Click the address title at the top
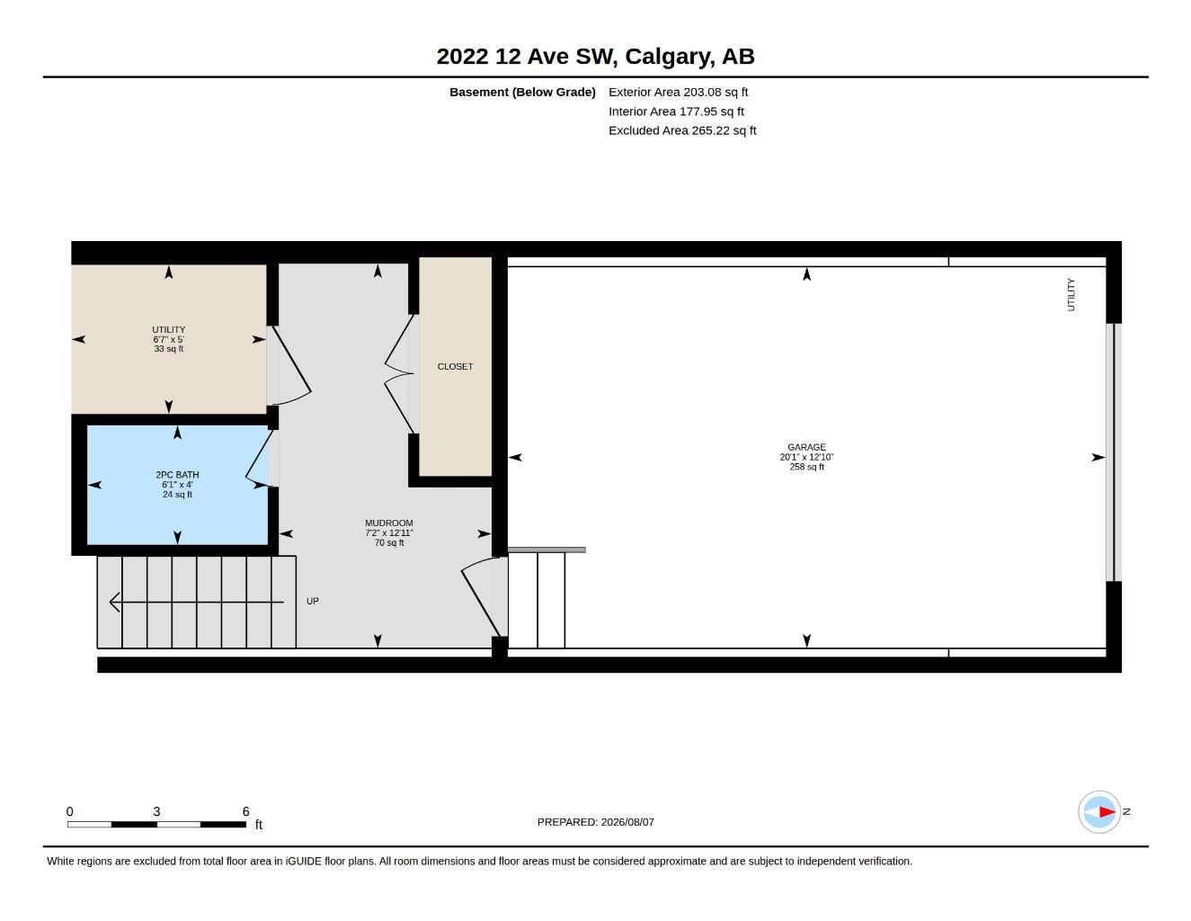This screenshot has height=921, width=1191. pos(595,57)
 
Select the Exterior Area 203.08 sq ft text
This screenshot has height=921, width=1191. pos(678,92)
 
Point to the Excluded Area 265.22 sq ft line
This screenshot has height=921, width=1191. pos(682,130)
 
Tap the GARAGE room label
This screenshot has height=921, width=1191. pos(806,447)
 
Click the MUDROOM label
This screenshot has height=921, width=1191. pos(388,523)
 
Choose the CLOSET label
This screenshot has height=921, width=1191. pos(455,366)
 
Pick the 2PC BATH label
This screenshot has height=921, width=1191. pos(177,475)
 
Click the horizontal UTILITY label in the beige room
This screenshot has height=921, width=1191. pos(168,329)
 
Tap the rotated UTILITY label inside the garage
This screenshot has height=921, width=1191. pos(1071,294)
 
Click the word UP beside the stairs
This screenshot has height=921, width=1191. pos(313,601)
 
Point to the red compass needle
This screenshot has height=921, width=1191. pos(1107,811)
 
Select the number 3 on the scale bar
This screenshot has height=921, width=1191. pos(156,811)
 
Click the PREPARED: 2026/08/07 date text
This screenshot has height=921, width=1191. pos(595,822)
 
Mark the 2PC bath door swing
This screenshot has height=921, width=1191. pos(258,460)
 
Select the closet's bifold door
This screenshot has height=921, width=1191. pos(399,374)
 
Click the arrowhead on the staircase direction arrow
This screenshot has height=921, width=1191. pos(114,602)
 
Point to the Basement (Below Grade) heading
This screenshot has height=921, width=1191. pos(522,92)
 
